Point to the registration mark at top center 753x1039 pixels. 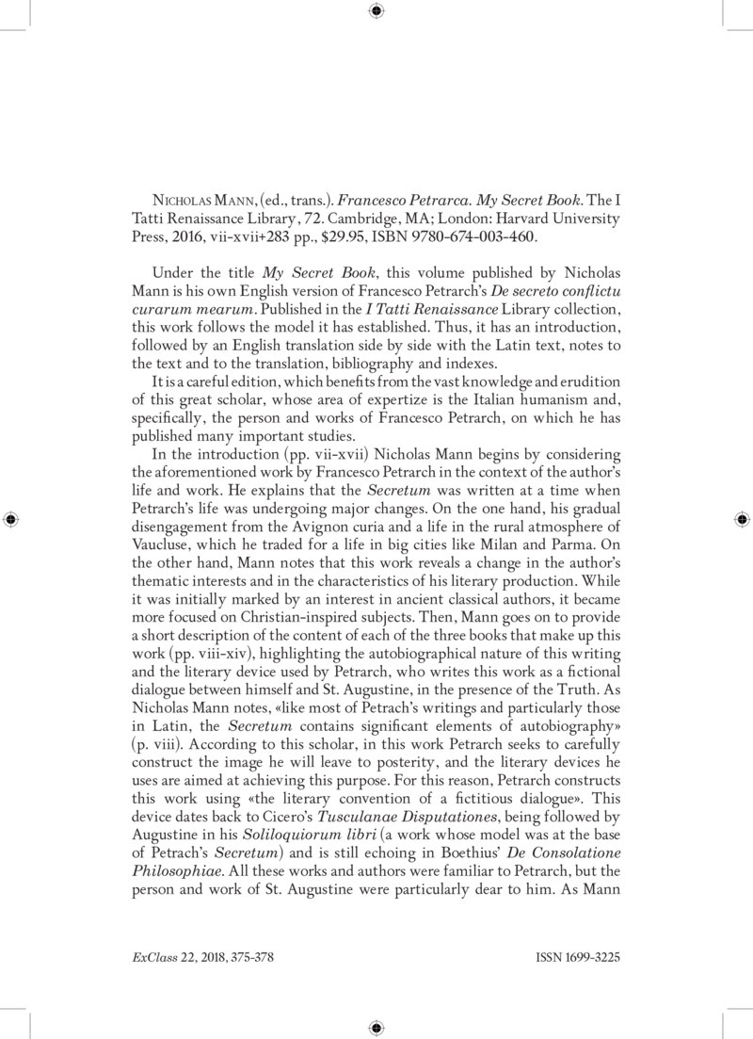tap(376, 11)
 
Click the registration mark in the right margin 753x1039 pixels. tap(741, 519)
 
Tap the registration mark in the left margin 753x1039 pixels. tap(11, 519)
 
